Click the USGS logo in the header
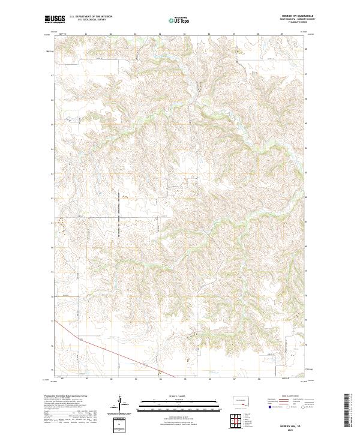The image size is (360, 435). coord(55,19)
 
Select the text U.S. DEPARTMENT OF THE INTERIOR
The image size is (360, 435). coord(91,16)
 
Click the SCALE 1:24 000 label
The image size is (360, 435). coord(178,397)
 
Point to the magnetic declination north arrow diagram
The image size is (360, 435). coord(119,404)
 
